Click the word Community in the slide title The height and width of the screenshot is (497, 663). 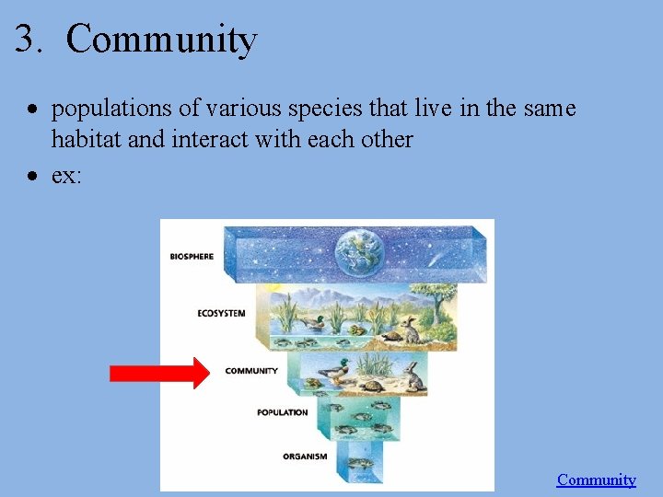point(161,40)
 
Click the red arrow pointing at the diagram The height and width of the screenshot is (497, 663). point(158,373)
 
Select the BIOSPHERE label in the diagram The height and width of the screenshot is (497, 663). point(192,256)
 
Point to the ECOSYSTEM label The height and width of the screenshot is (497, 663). point(221,313)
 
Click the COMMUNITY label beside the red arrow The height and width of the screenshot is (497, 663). point(251,371)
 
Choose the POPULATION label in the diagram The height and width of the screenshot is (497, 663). point(282,412)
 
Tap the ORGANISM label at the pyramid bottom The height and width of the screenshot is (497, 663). point(305,456)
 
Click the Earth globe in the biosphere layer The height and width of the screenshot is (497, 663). point(360,251)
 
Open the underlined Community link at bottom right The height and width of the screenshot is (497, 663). point(596,480)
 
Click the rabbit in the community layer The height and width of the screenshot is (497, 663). point(414,376)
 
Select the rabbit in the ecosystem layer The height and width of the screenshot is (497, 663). point(411,329)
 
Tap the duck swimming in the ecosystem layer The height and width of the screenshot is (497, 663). point(314,323)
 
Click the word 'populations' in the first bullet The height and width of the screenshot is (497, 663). point(112,109)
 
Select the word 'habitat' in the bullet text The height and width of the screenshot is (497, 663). point(87,140)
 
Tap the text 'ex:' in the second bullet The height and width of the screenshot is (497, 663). point(66,175)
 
